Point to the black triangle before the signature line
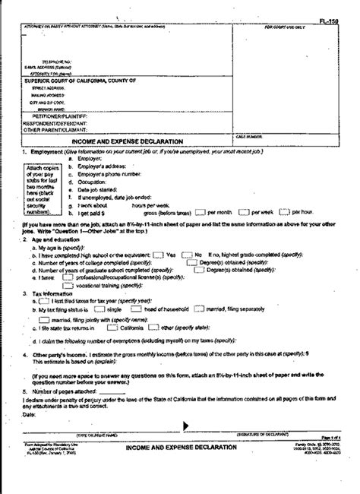[x=185, y=425]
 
